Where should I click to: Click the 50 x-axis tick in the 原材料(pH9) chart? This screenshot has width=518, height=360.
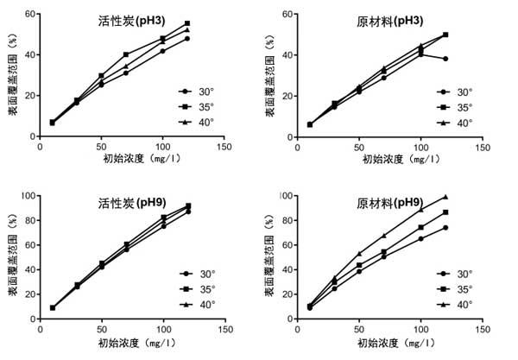(x=360, y=329)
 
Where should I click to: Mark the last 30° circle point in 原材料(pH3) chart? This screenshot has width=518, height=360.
(x=445, y=59)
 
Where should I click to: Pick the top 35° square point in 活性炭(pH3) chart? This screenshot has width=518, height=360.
(x=187, y=23)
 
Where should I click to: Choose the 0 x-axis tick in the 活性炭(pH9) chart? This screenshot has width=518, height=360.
(x=41, y=329)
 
